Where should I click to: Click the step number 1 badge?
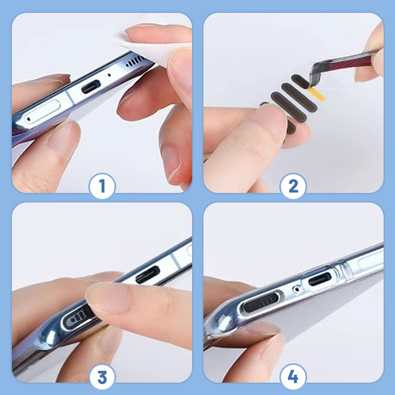(x=102, y=186)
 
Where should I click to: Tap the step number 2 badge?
(x=293, y=186)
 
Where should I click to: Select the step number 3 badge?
(x=102, y=377)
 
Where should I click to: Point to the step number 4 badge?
(x=293, y=377)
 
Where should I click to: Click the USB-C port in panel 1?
(x=91, y=86)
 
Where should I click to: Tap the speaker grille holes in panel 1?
(x=135, y=61)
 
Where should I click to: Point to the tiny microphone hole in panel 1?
(x=109, y=75)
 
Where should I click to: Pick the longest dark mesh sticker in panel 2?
(x=288, y=105)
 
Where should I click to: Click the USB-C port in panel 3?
(x=148, y=275)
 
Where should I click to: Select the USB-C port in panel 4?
(x=319, y=279)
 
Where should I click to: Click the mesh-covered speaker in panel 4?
(x=261, y=303)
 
